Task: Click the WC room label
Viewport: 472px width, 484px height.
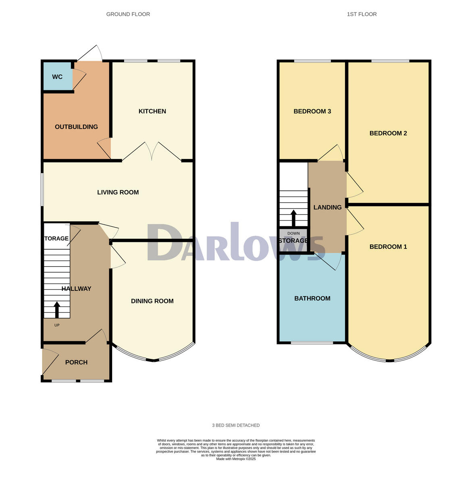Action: (57, 77)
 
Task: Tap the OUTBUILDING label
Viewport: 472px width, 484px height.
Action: (76, 127)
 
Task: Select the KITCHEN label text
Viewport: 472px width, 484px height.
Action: (152, 111)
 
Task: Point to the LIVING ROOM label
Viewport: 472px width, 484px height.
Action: (118, 192)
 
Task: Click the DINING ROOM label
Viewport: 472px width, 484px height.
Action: (152, 301)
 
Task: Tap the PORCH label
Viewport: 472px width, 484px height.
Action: (76, 362)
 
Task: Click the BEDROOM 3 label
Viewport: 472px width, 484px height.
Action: (312, 111)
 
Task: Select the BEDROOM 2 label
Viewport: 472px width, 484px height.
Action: (388, 133)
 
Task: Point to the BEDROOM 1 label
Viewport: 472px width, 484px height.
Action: (388, 247)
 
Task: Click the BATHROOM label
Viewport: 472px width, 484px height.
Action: (312, 298)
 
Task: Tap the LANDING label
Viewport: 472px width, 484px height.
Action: (327, 207)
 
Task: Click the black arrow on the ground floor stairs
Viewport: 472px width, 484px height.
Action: (56, 309)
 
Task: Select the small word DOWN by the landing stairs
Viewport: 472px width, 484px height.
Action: (293, 234)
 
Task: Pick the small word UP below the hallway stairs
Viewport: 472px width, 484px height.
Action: (56, 325)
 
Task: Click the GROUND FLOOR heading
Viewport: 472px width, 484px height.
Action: (128, 14)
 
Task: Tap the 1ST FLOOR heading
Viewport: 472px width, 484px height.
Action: (362, 14)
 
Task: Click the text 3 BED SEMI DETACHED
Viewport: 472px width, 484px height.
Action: (236, 425)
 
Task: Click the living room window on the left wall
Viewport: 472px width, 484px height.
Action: (42, 190)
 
